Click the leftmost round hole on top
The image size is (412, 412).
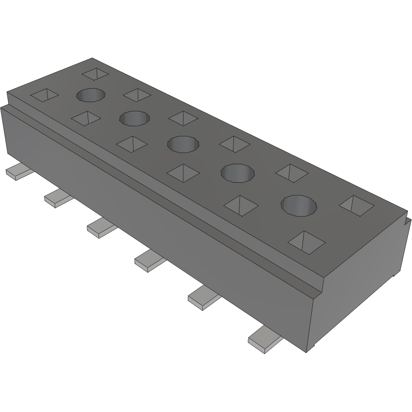click(90, 95)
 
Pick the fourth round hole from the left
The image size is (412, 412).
click(238, 173)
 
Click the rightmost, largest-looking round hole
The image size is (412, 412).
click(299, 205)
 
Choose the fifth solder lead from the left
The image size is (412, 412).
click(204, 297)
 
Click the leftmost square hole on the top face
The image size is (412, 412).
click(44, 95)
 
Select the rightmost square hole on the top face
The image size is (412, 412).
click(356, 206)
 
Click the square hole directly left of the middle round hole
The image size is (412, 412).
click(132, 144)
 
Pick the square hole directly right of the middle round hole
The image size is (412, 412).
click(235, 144)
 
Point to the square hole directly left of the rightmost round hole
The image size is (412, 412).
click(241, 206)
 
